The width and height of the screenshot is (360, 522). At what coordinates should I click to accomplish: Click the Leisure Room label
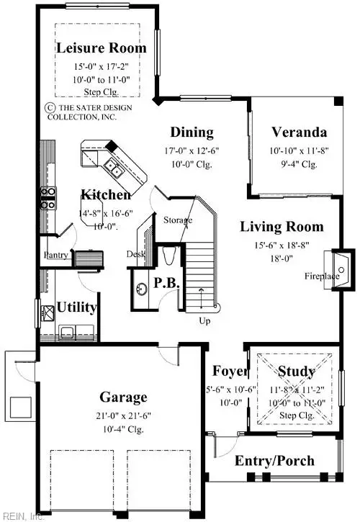101,48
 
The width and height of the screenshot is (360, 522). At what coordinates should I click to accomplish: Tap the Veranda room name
299,132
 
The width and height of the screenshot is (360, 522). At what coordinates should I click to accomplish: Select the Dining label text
192,132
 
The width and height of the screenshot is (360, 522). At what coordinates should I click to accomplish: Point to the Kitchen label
105,195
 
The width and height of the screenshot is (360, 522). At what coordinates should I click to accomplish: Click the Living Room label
282,227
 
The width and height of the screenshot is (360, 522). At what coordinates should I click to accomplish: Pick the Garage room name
123,397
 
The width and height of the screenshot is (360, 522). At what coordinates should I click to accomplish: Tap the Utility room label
77,307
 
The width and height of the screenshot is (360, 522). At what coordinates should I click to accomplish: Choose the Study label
296,372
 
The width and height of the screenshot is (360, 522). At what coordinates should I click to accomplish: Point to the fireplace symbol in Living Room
341,260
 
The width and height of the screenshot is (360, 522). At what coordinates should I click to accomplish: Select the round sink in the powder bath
142,288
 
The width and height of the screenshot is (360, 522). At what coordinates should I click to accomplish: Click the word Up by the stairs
204,321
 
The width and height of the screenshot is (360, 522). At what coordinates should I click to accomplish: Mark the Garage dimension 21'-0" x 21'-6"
123,415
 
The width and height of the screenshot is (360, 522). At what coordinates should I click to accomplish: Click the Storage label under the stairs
177,220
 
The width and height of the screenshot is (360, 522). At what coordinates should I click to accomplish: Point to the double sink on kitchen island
112,168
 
